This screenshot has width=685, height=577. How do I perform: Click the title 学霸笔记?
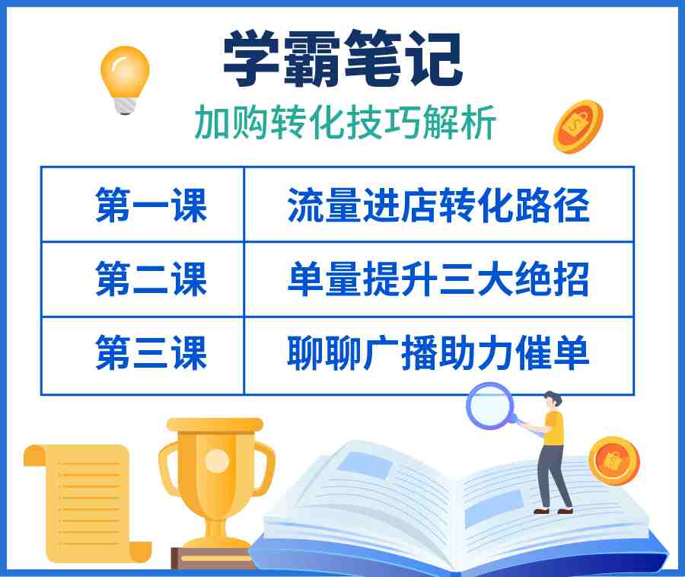click(343, 58)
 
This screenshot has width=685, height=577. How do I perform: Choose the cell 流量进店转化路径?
click(438, 205)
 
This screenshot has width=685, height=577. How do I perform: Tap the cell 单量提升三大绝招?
click(438, 279)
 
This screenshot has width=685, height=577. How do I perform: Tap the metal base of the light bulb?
click(126, 106)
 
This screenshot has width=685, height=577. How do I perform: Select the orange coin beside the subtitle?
click(578, 126)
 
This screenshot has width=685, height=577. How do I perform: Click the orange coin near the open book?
click(613, 461)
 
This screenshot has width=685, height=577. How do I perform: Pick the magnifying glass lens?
click(492, 405)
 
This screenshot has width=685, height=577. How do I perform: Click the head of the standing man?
click(551, 400)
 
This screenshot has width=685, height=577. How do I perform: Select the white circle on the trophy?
click(217, 461)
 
